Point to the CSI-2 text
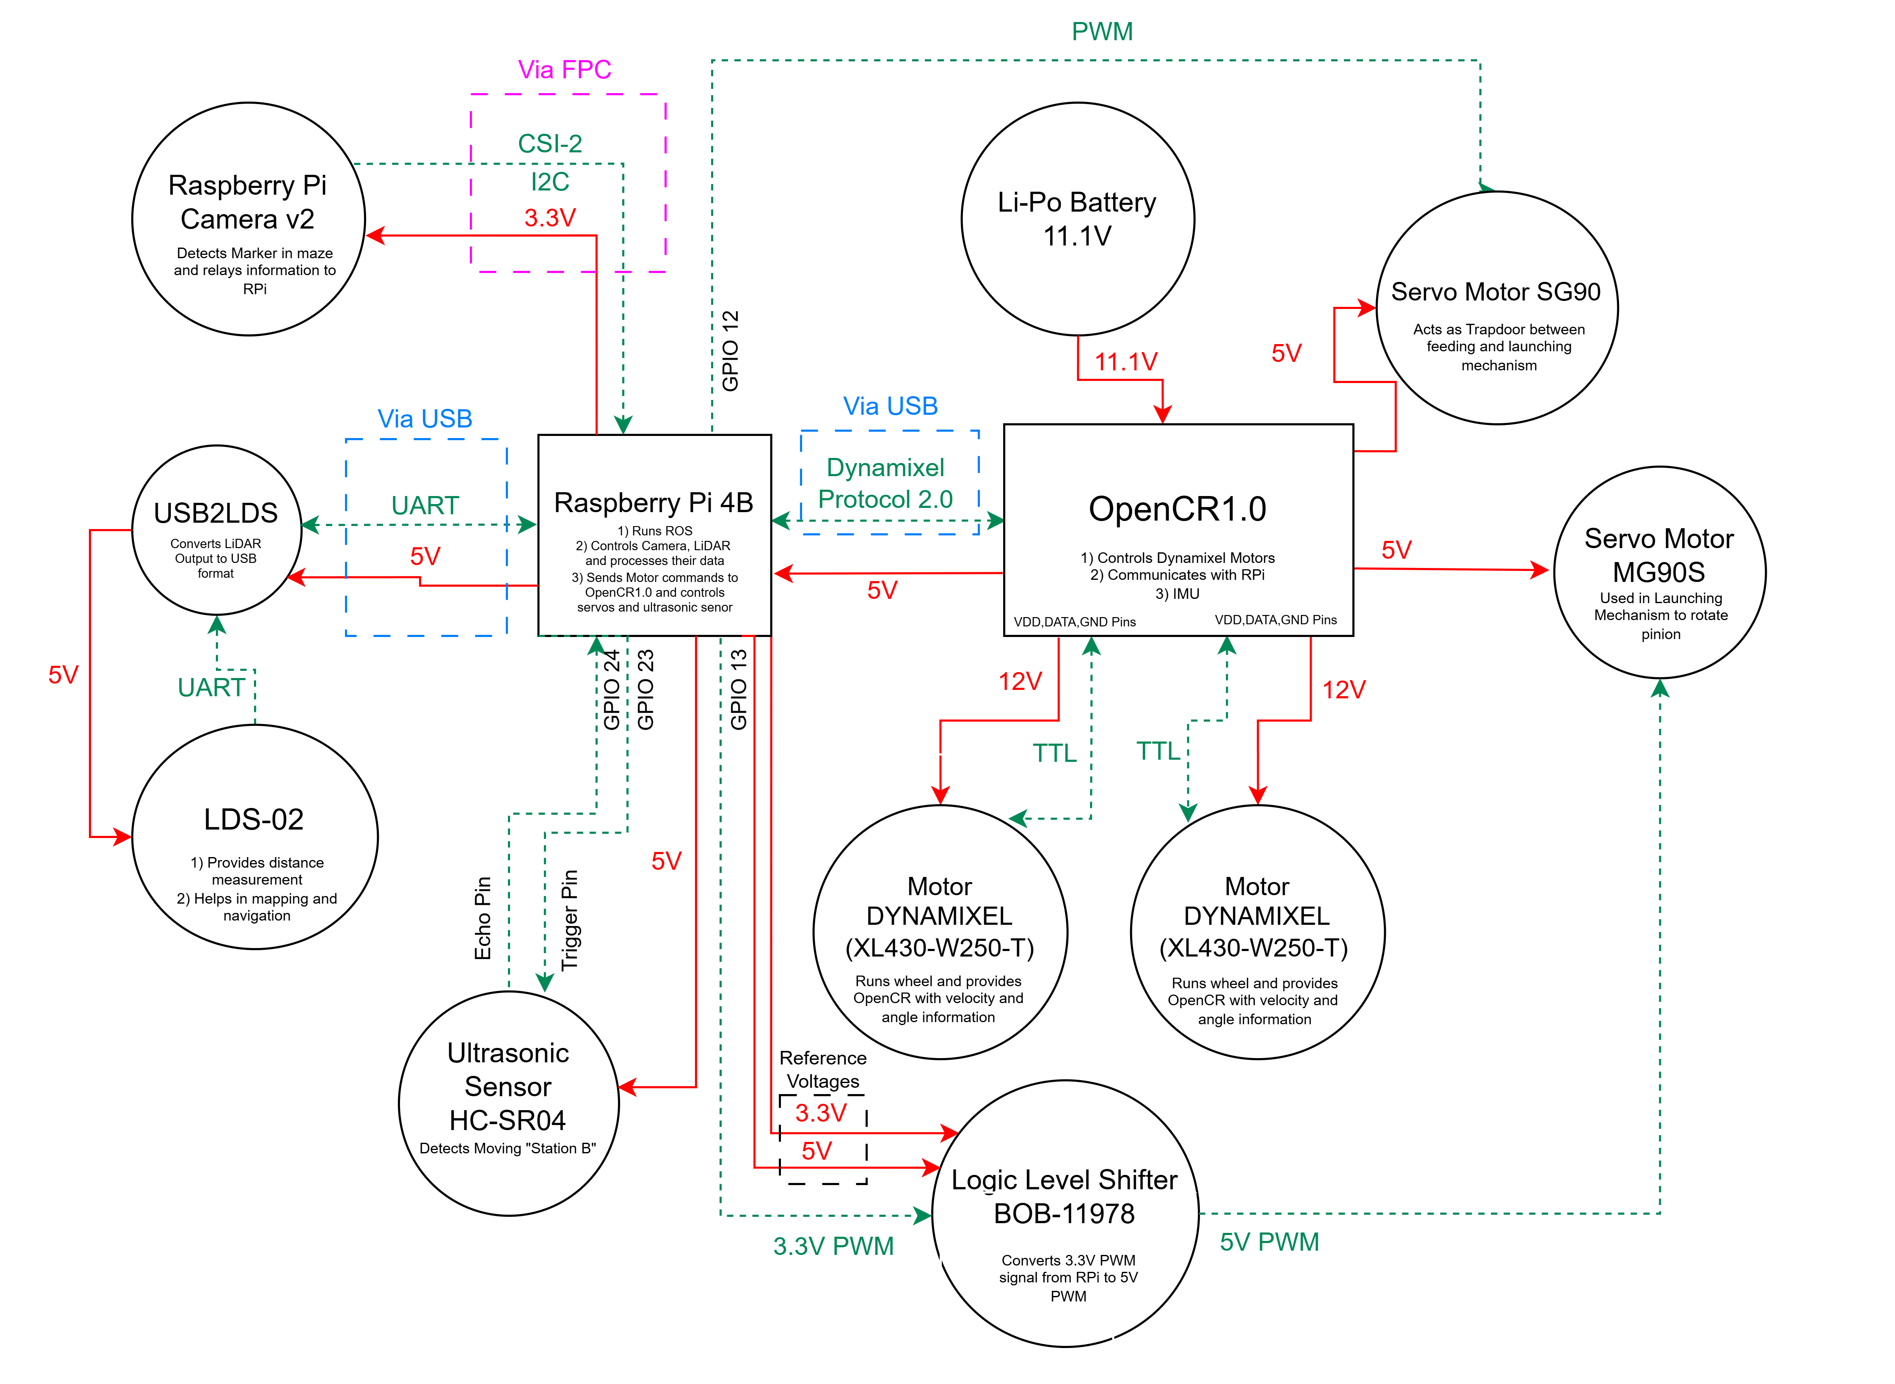tap(549, 143)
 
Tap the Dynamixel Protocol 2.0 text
tap(885, 483)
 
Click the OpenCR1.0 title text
tap(1177, 509)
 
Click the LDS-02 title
tap(254, 819)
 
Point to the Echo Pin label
tap(483, 918)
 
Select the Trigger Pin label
tap(570, 920)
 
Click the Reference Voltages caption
tap(823, 1070)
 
